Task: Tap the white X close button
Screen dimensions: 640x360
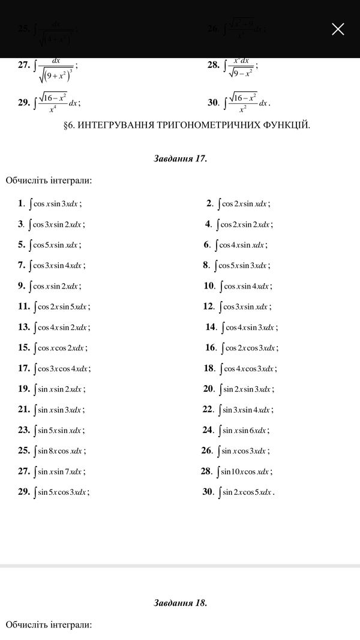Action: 338,29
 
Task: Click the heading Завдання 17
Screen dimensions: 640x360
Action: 180,159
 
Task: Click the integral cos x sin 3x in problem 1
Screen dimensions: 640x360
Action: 56,204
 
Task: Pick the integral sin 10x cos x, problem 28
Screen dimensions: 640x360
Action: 245,471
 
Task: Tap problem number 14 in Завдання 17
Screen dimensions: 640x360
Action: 211,327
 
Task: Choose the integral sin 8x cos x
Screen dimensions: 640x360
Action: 59,451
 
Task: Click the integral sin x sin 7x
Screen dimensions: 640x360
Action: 59,471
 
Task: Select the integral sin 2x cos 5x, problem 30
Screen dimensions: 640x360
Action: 247,492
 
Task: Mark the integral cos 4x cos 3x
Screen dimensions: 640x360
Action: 248,369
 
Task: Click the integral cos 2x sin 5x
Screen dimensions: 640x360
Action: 62,307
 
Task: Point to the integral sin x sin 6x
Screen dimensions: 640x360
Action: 244,431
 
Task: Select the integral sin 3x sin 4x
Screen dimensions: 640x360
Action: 246,410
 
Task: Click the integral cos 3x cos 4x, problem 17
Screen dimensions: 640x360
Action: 62,369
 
